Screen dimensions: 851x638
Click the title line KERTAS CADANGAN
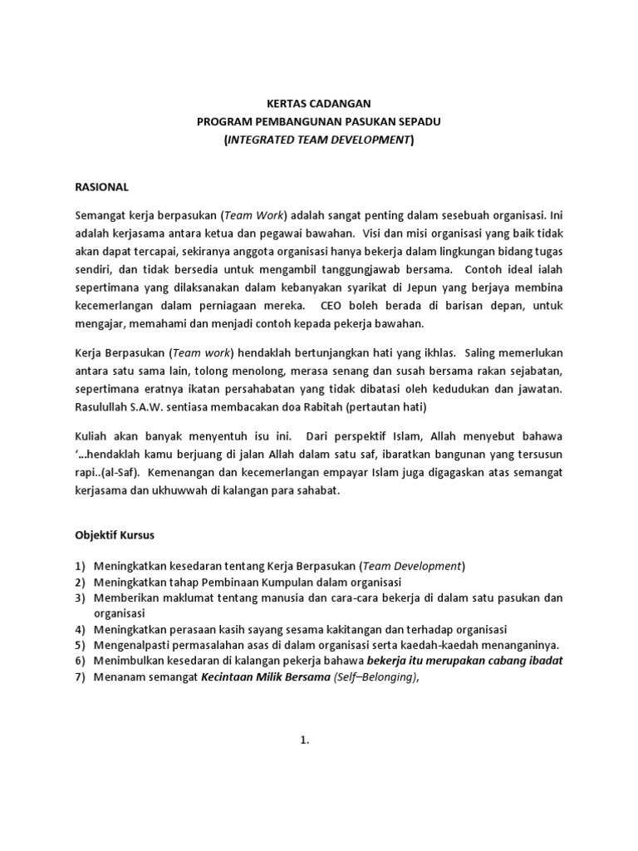[x=318, y=104]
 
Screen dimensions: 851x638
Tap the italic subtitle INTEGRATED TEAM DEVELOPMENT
[x=318, y=140]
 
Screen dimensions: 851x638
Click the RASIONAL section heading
[x=101, y=187]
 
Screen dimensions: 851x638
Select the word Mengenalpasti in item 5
[x=133, y=645]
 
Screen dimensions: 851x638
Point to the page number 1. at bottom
[x=305, y=742]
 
